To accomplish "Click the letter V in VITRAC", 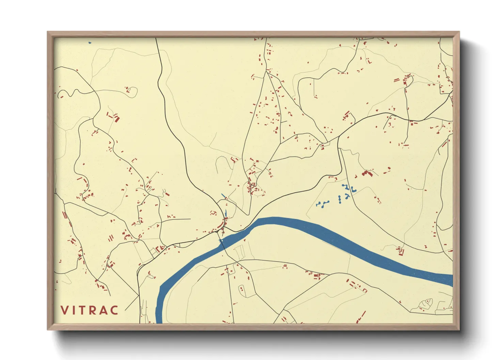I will (x=65, y=310).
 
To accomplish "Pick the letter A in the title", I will (x=104, y=310).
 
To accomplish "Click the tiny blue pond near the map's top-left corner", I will (x=90, y=43).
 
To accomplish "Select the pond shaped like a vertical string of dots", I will (x=340, y=200).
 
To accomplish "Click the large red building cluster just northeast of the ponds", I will (x=367, y=174).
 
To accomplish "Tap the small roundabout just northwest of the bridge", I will (x=224, y=223).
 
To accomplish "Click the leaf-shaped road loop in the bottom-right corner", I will (x=426, y=302).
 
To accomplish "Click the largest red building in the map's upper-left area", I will (x=117, y=119).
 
